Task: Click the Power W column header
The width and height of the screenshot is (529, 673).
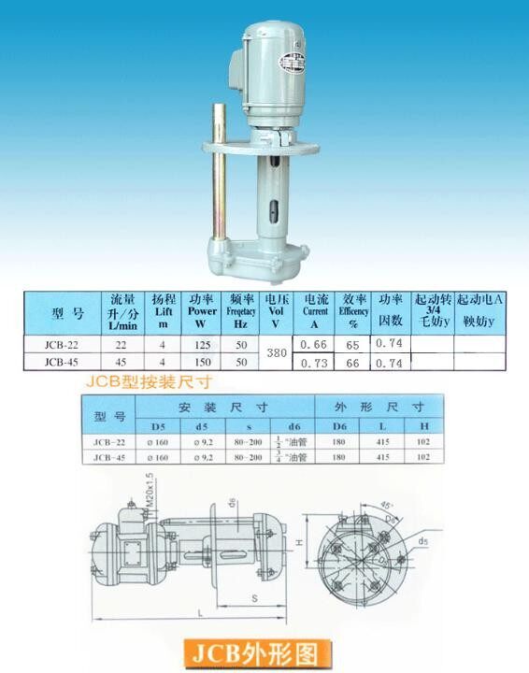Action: pyautogui.click(x=202, y=310)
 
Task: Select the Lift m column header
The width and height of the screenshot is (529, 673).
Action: pyautogui.click(x=164, y=310)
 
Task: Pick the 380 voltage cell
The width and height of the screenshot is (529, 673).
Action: pyautogui.click(x=275, y=354)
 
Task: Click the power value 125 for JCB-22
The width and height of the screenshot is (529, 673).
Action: pyautogui.click(x=202, y=345)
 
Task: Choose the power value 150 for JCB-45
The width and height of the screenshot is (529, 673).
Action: pyautogui.click(x=202, y=362)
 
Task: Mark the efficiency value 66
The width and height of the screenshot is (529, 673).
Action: pyautogui.click(x=352, y=363)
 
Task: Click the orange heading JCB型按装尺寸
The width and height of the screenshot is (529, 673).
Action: pyautogui.click(x=150, y=381)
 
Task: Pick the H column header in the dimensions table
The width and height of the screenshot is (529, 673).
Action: pyautogui.click(x=423, y=425)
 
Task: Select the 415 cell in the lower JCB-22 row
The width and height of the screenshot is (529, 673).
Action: pyautogui.click(x=389, y=441)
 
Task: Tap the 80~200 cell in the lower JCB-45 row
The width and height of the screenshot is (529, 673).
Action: pyautogui.click(x=250, y=457)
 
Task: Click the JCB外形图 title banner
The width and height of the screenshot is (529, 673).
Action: pyautogui.click(x=264, y=650)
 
